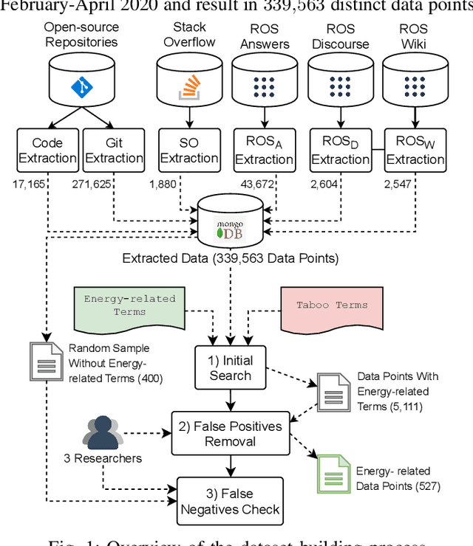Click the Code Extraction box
(x=47, y=150)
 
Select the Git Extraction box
(x=113, y=150)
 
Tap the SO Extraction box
(x=189, y=150)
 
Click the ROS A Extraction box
(x=264, y=150)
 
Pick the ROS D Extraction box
(x=340, y=150)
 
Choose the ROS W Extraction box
(x=415, y=150)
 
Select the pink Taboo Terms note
(x=331, y=307)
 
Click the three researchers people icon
(x=103, y=433)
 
